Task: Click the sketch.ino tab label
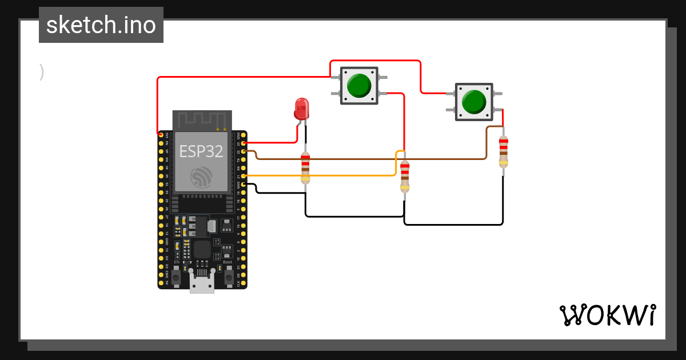(x=101, y=25)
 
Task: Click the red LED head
(x=301, y=108)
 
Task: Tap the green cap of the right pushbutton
(x=473, y=102)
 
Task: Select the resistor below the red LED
(x=305, y=168)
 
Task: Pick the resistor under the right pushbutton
(x=503, y=151)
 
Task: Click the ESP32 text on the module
(x=201, y=151)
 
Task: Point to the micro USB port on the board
(x=202, y=284)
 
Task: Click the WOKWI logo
(x=607, y=315)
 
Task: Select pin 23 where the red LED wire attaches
(x=245, y=143)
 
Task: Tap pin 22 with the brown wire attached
(x=245, y=151)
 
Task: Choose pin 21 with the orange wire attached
(x=245, y=176)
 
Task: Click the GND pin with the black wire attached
(x=245, y=184)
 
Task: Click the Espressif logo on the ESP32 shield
(x=201, y=177)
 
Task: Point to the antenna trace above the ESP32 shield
(x=202, y=120)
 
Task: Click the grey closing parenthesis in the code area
(x=42, y=72)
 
